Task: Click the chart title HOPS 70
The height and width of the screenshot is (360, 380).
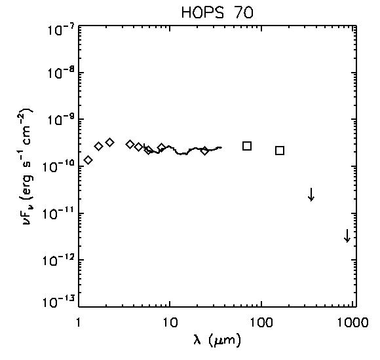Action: point(217,13)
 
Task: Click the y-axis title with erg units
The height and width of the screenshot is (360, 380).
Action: point(28,167)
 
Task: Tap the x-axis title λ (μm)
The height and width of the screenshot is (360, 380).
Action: point(217,340)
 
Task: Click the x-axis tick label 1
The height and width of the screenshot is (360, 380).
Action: point(78,323)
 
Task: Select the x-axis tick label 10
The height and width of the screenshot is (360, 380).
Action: point(170,323)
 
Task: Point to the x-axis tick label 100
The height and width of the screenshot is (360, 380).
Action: point(262,323)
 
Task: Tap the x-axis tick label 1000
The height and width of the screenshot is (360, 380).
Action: point(352,323)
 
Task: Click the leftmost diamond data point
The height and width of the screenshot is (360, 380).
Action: point(88,160)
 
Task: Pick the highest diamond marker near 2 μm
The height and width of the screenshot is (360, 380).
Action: point(110,142)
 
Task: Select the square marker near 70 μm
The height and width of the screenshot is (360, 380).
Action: point(247,146)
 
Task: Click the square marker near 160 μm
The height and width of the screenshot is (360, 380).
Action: point(280,151)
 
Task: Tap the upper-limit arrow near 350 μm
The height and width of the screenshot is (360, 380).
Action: point(311,194)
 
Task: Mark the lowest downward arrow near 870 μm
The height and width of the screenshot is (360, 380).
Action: point(347,236)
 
